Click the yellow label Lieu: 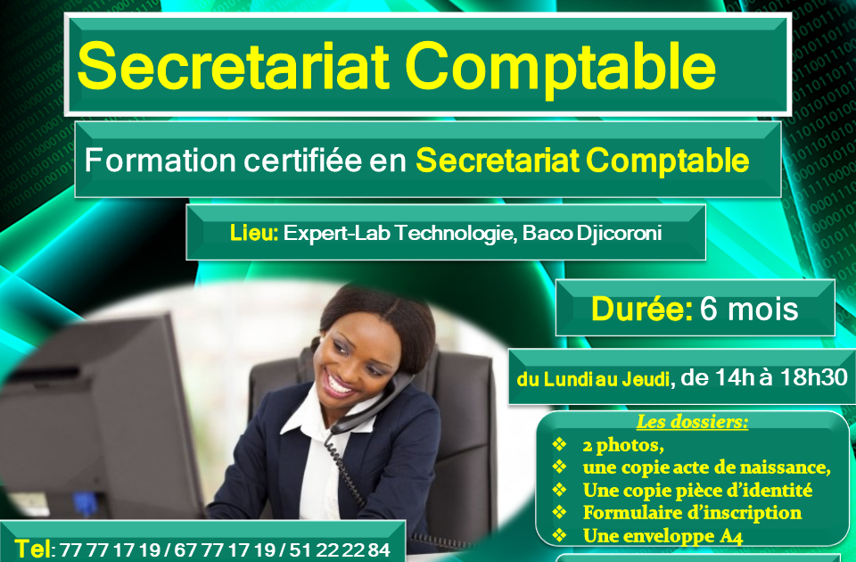click(254, 234)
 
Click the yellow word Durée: click(642, 309)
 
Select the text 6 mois click(749, 309)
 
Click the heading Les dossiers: click(692, 422)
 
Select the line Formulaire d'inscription click(692, 513)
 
